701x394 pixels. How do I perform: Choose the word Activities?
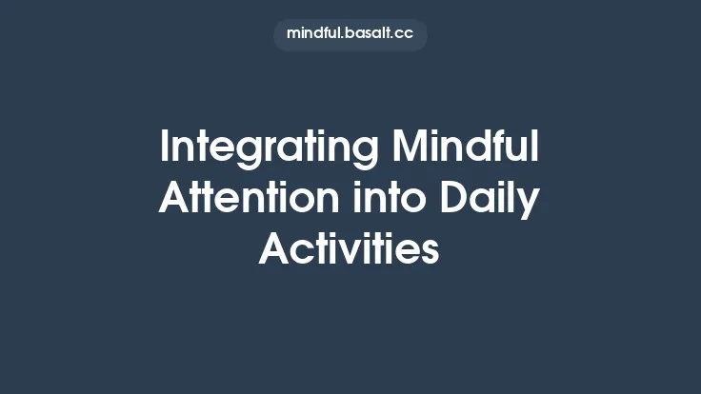(350, 249)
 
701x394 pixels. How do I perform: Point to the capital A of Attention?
(175, 199)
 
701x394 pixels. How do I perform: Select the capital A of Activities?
(276, 249)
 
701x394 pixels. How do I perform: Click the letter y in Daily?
(530, 204)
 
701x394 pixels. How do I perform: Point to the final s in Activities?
(431, 251)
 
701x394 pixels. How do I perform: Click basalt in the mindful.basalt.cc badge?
(362, 33)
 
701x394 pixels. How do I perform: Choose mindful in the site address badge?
(311, 33)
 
